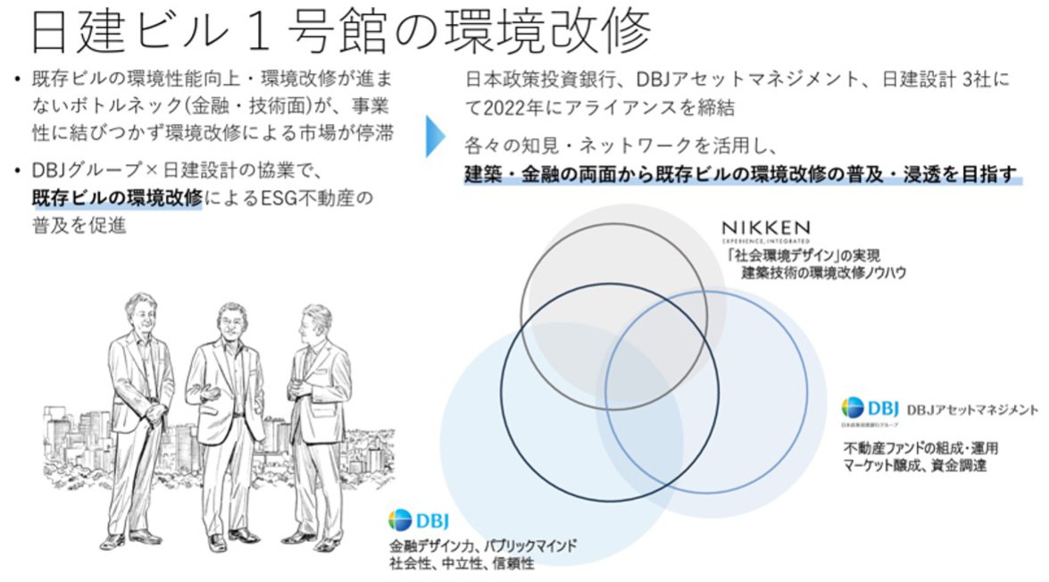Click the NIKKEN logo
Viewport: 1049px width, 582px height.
[x=765, y=229]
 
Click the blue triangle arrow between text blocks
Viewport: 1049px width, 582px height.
[x=435, y=137]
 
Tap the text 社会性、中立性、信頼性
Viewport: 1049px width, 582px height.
[x=462, y=563]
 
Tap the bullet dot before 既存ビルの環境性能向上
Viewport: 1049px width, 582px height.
[x=18, y=80]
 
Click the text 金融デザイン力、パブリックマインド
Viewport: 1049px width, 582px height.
[x=483, y=545]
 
